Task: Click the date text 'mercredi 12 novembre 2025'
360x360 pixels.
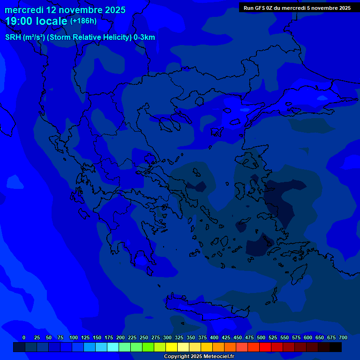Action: point(65,10)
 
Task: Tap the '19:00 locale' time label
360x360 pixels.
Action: point(37,21)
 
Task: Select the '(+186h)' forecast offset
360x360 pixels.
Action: point(83,21)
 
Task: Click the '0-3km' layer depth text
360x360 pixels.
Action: point(144,37)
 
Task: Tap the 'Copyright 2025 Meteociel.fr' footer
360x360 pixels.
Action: point(199,356)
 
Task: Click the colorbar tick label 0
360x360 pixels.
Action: point(24,337)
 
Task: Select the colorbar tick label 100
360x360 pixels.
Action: point(74,337)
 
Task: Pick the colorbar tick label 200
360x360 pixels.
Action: point(120,337)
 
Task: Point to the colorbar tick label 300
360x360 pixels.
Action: point(167,337)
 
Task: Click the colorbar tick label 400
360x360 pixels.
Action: point(214,337)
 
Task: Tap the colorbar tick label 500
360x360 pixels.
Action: point(261,337)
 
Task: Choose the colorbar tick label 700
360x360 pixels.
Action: point(343,337)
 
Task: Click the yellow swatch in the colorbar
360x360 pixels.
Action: point(172,347)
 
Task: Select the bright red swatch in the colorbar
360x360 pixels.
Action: point(265,347)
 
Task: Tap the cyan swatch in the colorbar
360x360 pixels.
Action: point(113,347)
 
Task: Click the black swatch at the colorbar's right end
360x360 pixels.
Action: point(336,347)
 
